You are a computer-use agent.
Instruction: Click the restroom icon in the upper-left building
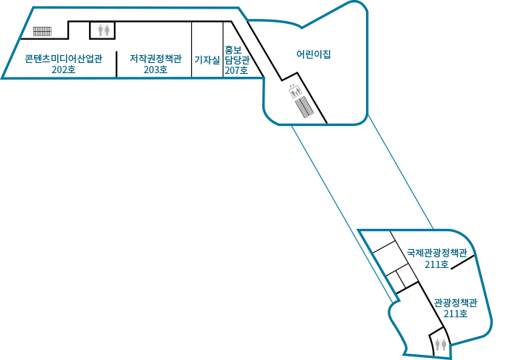pyautogui.click(x=104, y=30)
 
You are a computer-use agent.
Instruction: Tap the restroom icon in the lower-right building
pyautogui.click(x=440, y=344)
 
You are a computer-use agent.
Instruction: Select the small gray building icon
pyautogui.click(x=295, y=91)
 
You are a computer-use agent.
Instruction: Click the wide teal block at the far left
pyautogui.click(x=65, y=63)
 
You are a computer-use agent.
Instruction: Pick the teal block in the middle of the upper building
pyautogui.click(x=158, y=63)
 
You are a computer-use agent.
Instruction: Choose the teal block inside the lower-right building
pyautogui.click(x=436, y=259)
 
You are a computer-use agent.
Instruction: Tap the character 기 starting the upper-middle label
pyautogui.click(x=198, y=59)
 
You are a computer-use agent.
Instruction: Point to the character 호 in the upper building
pyautogui.click(x=243, y=70)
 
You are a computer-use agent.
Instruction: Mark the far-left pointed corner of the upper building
pyautogui.click(x=3, y=77)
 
